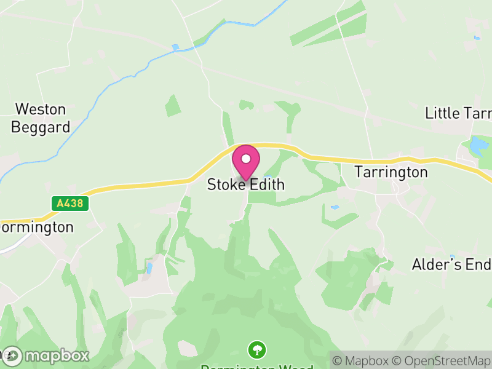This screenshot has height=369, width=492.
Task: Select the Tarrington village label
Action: [x=391, y=172]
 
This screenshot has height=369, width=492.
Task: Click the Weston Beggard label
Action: [x=40, y=118]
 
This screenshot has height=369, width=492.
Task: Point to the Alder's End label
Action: [x=451, y=264]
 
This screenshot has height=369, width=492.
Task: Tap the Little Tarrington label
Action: [x=458, y=113]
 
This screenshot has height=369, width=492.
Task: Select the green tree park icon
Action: [x=256, y=351]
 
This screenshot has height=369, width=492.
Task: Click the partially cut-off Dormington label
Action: [x=37, y=227]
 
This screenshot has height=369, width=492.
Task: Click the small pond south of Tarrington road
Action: [x=335, y=208]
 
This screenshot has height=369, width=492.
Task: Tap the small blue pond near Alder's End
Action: [x=452, y=256]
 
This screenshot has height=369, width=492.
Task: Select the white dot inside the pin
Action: [x=246, y=159]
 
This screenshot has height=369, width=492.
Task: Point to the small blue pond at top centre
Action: [x=176, y=47]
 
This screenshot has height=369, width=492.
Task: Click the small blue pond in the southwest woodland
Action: [x=149, y=268]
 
